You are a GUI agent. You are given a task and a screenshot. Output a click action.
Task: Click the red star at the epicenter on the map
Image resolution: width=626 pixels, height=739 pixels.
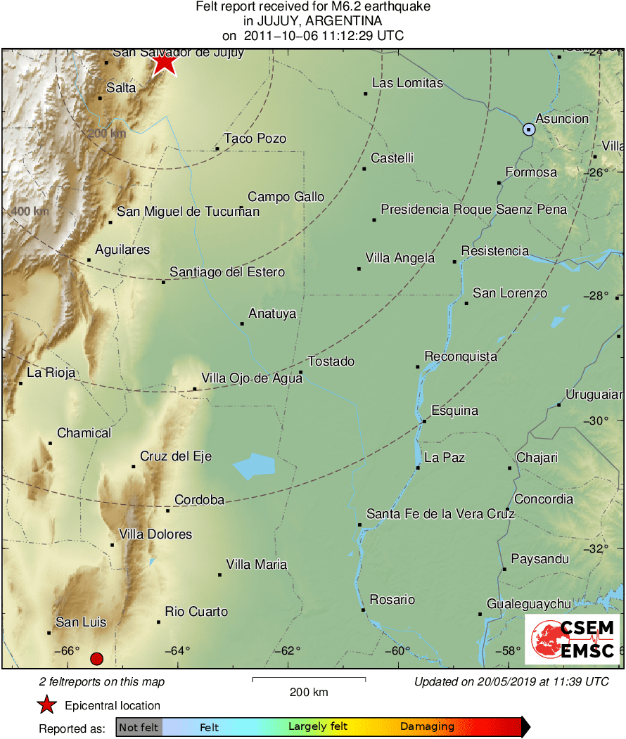164,63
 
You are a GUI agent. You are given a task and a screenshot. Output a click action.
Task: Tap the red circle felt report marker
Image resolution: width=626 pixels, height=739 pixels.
97,659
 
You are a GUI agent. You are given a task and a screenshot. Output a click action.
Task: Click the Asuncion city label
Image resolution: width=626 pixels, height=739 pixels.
562,119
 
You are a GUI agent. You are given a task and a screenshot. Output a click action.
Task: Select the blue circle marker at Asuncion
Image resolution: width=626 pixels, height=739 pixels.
529,129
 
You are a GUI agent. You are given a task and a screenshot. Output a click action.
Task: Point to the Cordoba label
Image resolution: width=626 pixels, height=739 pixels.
199,500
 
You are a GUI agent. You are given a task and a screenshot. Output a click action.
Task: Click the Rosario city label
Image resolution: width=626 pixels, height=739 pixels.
392,600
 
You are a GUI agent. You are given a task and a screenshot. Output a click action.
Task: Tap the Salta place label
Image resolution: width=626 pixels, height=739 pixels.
121,88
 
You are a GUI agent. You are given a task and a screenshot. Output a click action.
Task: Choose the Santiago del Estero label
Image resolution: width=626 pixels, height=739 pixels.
227,272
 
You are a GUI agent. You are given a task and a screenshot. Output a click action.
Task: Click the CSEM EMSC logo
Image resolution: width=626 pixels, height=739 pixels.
573,639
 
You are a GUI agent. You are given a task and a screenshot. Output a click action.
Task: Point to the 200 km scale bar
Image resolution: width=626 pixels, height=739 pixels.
309,679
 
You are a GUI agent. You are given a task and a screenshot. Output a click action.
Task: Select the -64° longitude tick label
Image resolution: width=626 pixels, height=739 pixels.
176,650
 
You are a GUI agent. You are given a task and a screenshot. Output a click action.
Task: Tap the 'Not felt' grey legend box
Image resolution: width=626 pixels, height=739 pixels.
139,727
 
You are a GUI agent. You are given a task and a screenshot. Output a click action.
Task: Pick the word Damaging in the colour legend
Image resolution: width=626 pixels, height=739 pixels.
427,727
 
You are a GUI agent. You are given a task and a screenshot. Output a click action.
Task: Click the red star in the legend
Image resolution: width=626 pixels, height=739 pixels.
47,705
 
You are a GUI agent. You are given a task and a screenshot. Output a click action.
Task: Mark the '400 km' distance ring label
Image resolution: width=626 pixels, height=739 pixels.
30,211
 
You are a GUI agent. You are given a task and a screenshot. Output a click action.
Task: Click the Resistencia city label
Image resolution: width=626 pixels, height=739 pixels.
494,251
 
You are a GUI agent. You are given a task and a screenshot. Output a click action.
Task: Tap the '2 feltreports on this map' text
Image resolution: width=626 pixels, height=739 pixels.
102,682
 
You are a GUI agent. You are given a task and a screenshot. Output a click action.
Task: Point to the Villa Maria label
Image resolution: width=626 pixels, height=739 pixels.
256,565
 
